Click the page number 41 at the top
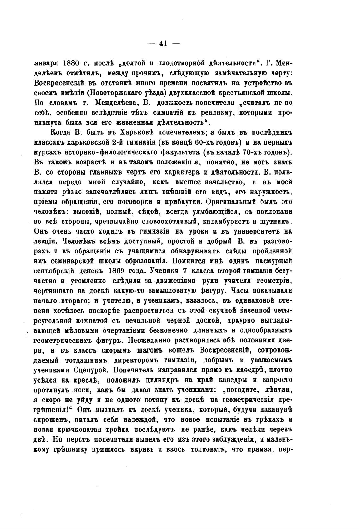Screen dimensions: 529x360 163,44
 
